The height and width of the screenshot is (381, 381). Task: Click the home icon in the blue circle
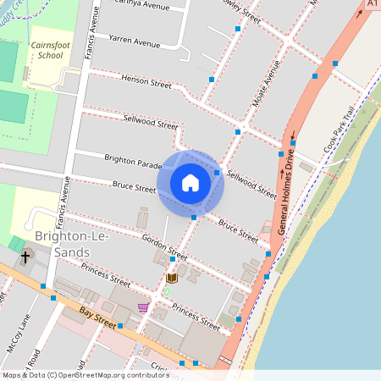pos(190,182)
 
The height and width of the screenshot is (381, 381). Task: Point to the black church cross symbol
pos(25,256)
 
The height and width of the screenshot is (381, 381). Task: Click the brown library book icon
pos(172,278)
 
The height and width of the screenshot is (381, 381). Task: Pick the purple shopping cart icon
pos(143,307)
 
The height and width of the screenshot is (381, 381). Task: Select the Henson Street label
pos(146,81)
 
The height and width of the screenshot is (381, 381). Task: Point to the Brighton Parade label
pos(132,160)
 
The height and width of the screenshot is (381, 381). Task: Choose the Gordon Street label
pos(164,246)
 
